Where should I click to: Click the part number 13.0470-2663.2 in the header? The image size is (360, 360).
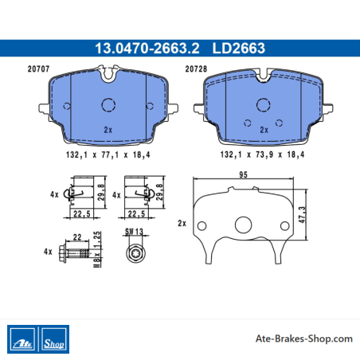147,49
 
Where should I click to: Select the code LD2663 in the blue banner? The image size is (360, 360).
239,49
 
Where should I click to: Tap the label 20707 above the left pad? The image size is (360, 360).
38,69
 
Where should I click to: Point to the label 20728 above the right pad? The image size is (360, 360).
196,69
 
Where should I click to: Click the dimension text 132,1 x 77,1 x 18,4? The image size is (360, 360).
108,155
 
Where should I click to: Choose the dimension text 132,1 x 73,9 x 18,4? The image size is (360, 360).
262,155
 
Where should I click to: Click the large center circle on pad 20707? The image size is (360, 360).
108,104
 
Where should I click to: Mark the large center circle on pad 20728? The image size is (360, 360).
264,104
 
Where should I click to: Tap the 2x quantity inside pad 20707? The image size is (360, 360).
108,130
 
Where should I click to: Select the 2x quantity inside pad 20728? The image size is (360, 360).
264,130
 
